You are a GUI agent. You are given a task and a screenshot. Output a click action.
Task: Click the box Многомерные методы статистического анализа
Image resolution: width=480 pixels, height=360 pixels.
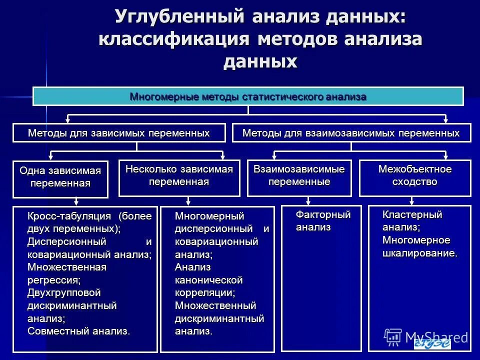(x=248, y=96)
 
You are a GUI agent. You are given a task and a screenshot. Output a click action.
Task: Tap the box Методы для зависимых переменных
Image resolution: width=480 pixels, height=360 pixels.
(x=119, y=133)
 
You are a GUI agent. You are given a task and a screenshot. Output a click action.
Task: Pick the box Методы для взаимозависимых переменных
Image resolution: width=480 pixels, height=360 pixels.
(x=351, y=133)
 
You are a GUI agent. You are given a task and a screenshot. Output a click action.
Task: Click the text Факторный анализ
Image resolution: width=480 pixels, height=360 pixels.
(x=323, y=221)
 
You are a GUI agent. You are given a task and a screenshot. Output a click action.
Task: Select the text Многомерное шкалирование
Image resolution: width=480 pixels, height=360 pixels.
(x=419, y=247)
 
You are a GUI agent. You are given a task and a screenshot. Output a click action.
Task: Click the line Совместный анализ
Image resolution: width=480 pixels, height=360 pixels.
(x=78, y=330)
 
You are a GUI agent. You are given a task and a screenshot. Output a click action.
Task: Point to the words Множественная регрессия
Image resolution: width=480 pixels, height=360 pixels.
(x=66, y=273)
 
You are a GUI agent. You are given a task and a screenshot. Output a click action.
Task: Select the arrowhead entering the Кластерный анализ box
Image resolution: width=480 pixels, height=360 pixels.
(x=411, y=202)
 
